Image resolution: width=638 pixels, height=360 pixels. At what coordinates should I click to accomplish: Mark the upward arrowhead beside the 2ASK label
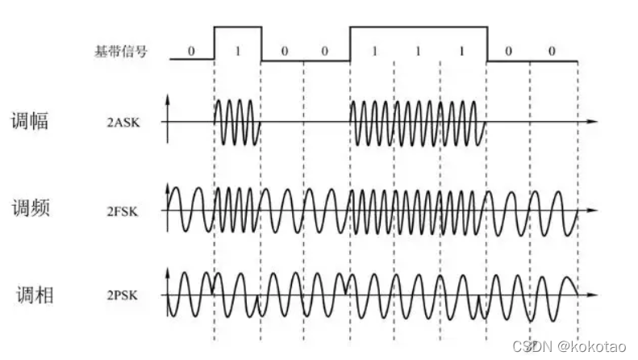pyautogui.click(x=168, y=98)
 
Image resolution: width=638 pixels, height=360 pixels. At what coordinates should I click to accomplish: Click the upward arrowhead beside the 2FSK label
pyautogui.click(x=168, y=187)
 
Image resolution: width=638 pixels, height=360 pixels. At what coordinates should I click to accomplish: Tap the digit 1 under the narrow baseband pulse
pyautogui.click(x=237, y=51)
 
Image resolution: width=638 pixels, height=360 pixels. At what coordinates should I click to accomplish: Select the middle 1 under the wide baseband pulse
pyautogui.click(x=418, y=51)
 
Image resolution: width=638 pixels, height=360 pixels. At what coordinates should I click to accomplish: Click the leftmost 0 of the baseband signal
pyautogui.click(x=191, y=51)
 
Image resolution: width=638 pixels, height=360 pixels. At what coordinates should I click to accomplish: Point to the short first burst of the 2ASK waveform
pyautogui.click(x=237, y=123)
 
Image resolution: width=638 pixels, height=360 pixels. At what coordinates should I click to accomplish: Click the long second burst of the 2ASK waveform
pyautogui.click(x=418, y=123)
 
